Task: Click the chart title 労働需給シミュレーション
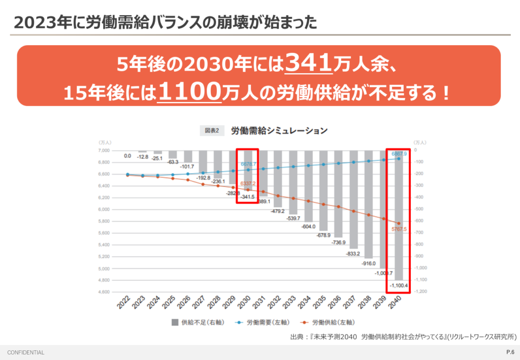click(x=279, y=130)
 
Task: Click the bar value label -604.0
click(x=308, y=226)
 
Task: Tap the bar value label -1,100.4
click(x=398, y=286)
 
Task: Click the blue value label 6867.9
click(x=399, y=153)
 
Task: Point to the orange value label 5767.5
click(x=399, y=230)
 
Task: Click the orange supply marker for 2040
click(x=399, y=223)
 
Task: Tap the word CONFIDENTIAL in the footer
click(x=26, y=352)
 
